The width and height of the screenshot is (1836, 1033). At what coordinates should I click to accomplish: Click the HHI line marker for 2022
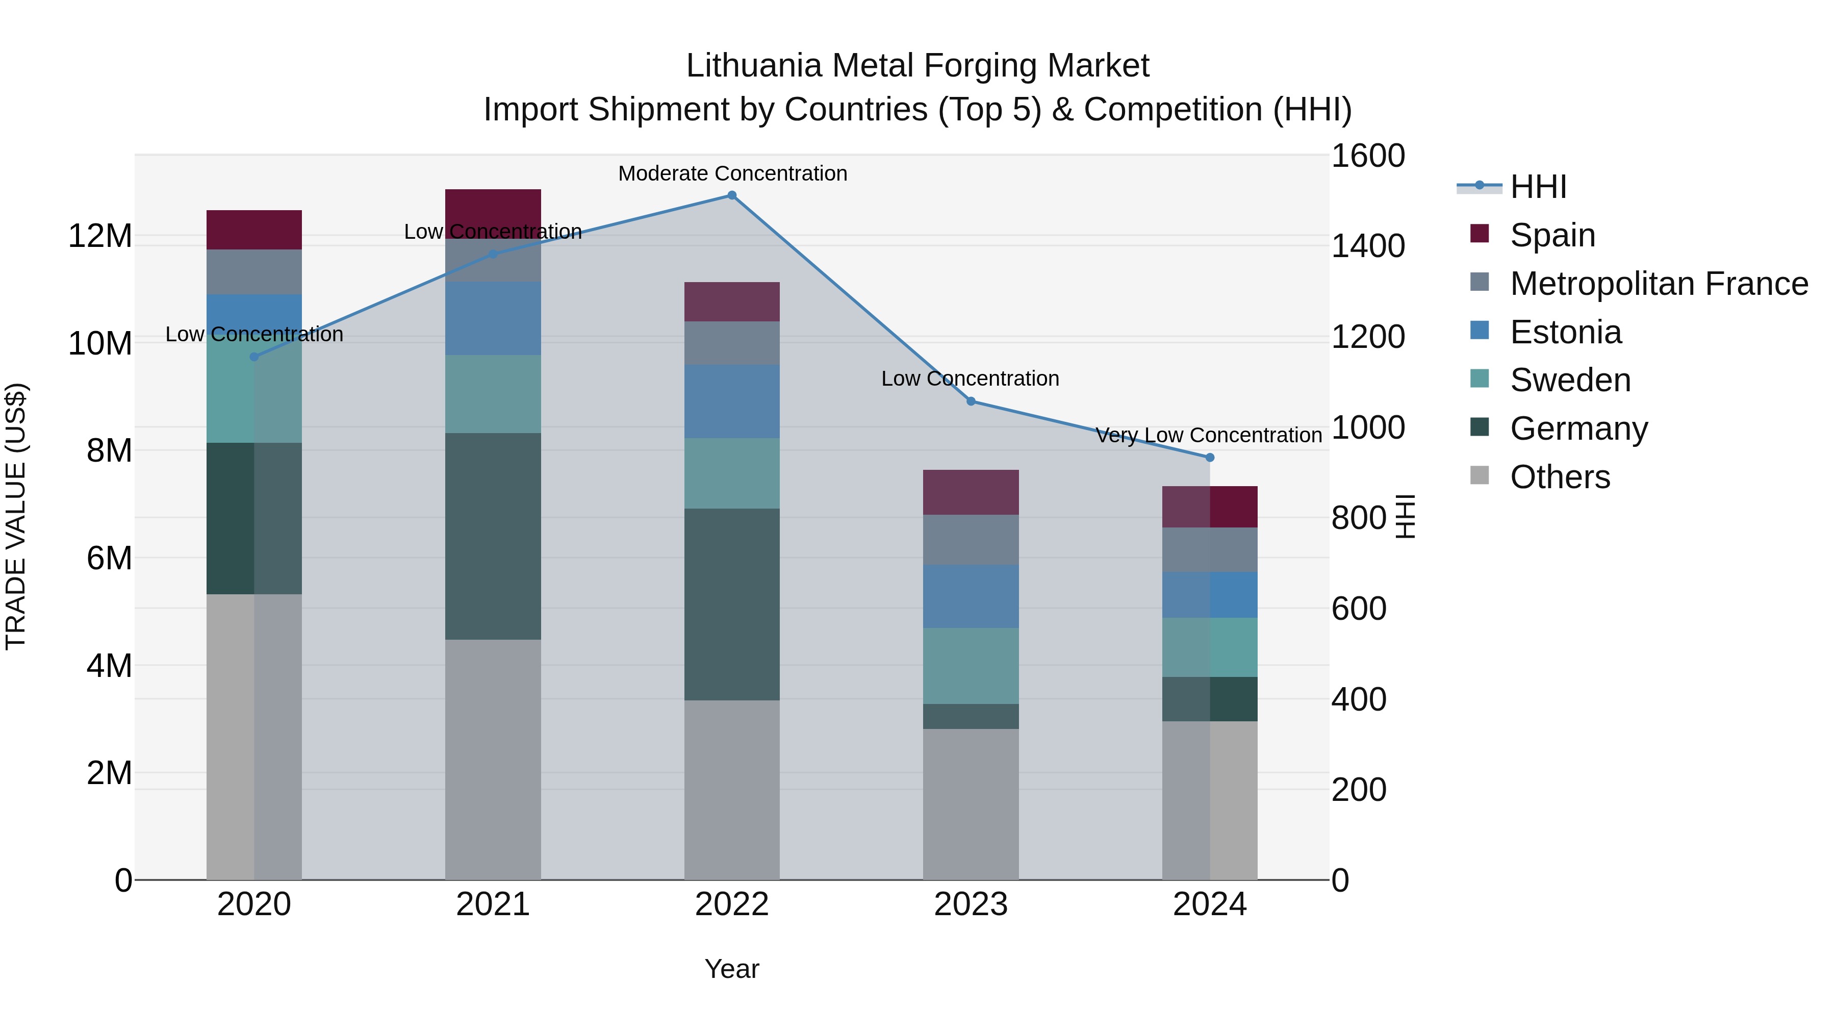pyautogui.click(x=731, y=195)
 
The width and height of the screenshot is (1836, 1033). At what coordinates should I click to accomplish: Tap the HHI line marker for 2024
pyautogui.click(x=1210, y=458)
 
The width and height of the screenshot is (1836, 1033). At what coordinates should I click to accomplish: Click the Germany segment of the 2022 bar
pyautogui.click(x=731, y=604)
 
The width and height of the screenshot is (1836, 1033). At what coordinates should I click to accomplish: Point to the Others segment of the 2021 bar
pyautogui.click(x=493, y=759)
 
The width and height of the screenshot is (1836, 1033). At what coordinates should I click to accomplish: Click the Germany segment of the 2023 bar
pyautogui.click(x=970, y=717)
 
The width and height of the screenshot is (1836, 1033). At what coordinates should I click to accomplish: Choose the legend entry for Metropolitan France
pyautogui.click(x=1659, y=284)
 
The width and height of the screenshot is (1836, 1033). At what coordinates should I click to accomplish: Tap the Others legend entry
pyautogui.click(x=1560, y=477)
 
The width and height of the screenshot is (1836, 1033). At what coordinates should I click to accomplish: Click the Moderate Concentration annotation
pyautogui.click(x=732, y=173)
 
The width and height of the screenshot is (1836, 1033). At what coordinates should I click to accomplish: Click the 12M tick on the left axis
pyautogui.click(x=100, y=236)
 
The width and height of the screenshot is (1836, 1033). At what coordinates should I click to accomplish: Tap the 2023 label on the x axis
pyautogui.click(x=970, y=904)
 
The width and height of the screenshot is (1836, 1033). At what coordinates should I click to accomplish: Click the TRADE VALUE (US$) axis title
pyautogui.click(x=16, y=516)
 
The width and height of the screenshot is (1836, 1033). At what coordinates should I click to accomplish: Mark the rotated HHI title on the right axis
pyautogui.click(x=1404, y=516)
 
